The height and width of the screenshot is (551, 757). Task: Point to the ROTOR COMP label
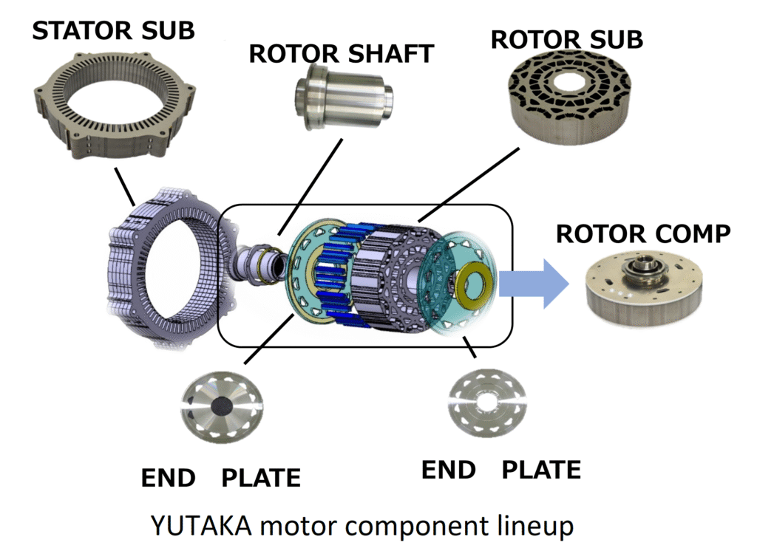(642, 233)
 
